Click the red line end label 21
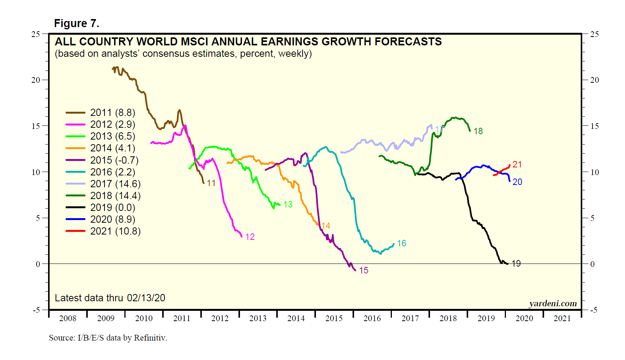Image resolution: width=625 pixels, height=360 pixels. click(x=517, y=164)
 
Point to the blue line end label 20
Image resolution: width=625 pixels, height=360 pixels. click(x=517, y=182)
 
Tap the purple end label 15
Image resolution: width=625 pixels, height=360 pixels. click(x=364, y=270)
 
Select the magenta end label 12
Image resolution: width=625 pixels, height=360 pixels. click(x=250, y=237)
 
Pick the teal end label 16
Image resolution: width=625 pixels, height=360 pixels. click(x=401, y=243)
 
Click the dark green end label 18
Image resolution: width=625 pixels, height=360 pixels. click(x=478, y=131)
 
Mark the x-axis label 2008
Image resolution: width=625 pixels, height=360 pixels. click(x=68, y=318)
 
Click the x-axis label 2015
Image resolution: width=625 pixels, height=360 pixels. click(x=334, y=318)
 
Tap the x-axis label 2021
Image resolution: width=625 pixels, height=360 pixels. click(x=562, y=318)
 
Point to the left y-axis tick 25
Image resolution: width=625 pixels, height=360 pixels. click(x=35, y=34)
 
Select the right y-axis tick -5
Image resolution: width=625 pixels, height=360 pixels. click(x=594, y=310)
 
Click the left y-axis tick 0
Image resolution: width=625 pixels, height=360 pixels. click(x=38, y=264)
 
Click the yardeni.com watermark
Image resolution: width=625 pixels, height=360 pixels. click(x=553, y=304)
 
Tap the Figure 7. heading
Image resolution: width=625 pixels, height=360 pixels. click(x=77, y=24)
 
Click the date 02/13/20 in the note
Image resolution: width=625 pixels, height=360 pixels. click(x=146, y=298)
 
